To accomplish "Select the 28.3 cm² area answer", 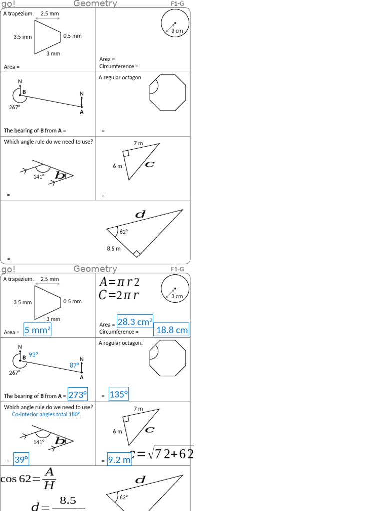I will pyautogui.click(x=135, y=322).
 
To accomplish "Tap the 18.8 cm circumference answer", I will pyautogui.click(x=172, y=330).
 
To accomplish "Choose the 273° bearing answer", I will pyautogui.click(x=78, y=395).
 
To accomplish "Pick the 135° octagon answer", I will pyautogui.click(x=119, y=395).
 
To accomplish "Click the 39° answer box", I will pyautogui.click(x=21, y=459).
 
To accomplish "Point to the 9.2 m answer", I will pyautogui.click(x=119, y=460).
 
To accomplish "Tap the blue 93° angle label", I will pyautogui.click(x=33, y=355).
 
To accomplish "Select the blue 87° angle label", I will pyautogui.click(x=75, y=365).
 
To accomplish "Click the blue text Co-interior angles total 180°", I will pyautogui.click(x=47, y=414).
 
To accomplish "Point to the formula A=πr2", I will pyautogui.click(x=119, y=282).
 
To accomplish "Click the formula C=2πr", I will pyautogui.click(x=119, y=295).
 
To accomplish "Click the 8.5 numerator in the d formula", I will pyautogui.click(x=67, y=500).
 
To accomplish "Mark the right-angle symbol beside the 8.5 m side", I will pyautogui.click(x=136, y=254).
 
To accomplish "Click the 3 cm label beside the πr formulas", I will pyautogui.click(x=177, y=296).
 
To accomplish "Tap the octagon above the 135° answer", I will pyautogui.click(x=168, y=358).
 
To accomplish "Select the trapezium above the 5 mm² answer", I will pyautogui.click(x=47, y=302).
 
